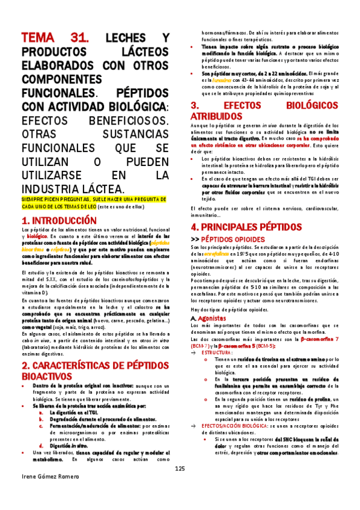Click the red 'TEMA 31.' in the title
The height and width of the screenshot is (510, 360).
click(x=55, y=38)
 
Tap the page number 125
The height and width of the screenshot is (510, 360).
click(x=180, y=469)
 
